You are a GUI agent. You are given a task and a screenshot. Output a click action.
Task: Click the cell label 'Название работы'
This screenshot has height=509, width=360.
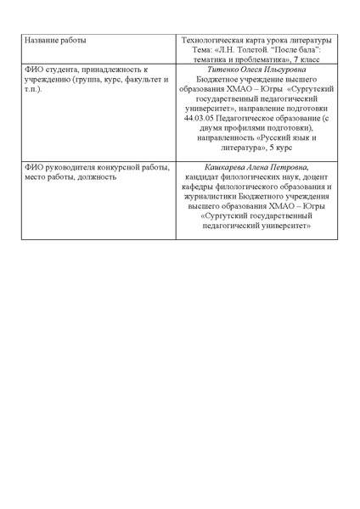point(55,41)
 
